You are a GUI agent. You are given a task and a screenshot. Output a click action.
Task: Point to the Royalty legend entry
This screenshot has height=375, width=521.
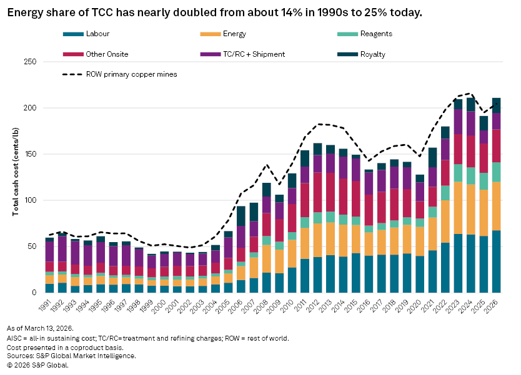point(372,54)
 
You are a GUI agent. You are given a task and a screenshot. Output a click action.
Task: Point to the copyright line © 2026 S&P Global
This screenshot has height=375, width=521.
point(38,365)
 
